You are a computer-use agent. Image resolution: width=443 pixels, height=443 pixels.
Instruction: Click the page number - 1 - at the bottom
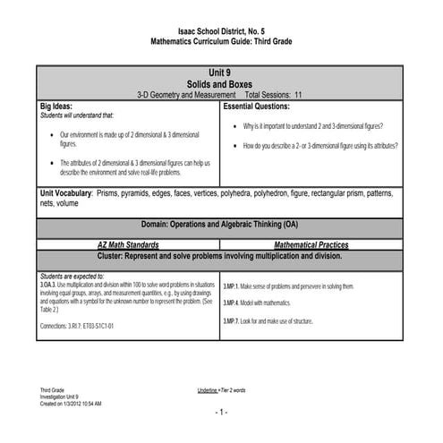(220, 412)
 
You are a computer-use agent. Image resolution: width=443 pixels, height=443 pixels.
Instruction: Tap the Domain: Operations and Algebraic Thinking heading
(220, 223)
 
